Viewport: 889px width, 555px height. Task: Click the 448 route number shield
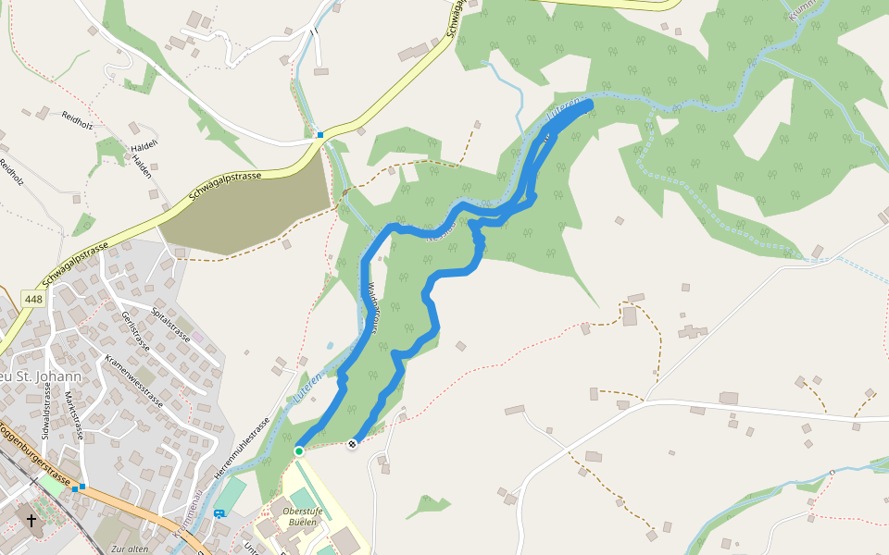[33, 299]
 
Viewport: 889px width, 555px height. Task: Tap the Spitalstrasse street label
[170, 324]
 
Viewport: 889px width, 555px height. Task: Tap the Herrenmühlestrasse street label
[244, 450]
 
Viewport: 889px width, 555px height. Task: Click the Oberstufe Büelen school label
[300, 516]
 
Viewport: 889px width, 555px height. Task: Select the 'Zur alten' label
[129, 549]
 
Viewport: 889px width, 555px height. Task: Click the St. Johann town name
[43, 376]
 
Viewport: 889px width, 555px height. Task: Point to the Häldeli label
[144, 145]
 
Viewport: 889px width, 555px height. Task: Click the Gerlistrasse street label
[135, 331]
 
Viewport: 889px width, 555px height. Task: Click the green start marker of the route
[299, 450]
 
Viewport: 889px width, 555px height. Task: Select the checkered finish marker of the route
[352, 446]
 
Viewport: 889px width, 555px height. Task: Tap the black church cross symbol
[32, 521]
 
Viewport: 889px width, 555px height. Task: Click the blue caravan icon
[219, 513]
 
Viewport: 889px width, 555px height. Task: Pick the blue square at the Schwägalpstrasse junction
[320, 136]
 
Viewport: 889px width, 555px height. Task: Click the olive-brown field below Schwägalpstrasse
[250, 213]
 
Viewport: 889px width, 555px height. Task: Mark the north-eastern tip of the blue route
[588, 107]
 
